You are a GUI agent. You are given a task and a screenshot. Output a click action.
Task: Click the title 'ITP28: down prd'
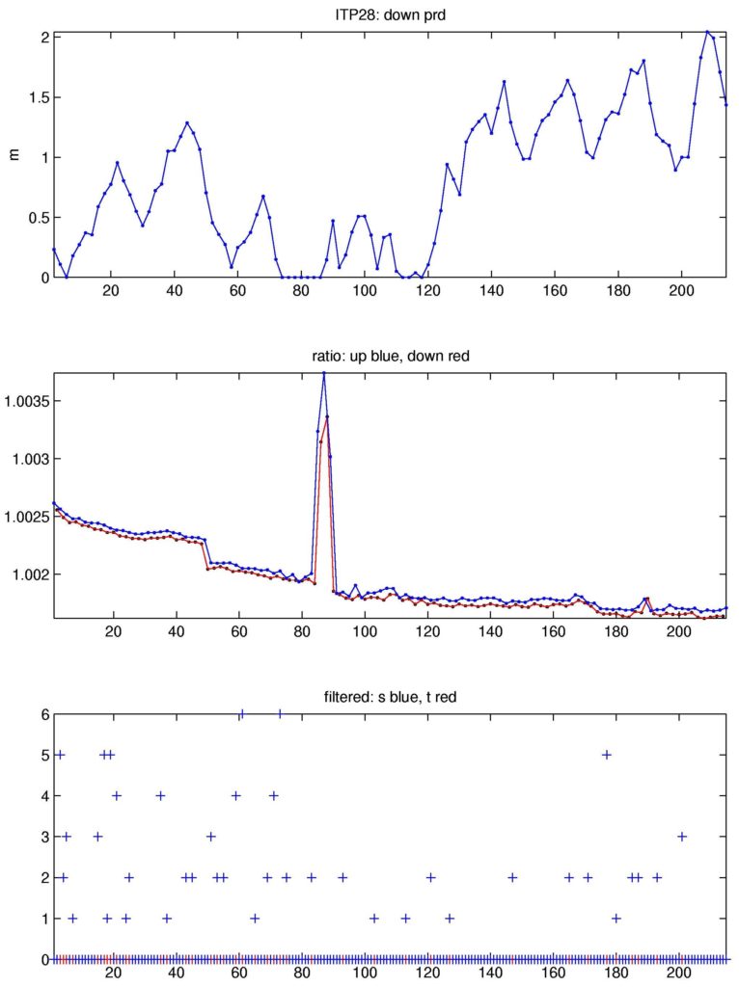pyautogui.click(x=390, y=13)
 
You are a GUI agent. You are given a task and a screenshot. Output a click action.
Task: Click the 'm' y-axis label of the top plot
pyautogui.click(x=13, y=156)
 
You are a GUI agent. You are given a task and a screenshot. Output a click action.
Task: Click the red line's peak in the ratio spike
pyautogui.click(x=326, y=418)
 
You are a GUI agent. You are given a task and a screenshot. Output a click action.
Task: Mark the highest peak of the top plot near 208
pyautogui.click(x=707, y=32)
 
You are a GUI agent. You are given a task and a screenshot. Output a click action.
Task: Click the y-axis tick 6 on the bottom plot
pyautogui.click(x=44, y=714)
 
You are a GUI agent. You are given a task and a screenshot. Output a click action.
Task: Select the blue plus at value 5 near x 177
pyautogui.click(x=606, y=755)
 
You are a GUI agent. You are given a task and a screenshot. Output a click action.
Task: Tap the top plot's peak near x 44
pyautogui.click(x=187, y=122)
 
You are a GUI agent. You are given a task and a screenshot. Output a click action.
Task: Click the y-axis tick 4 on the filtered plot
pyautogui.click(x=44, y=796)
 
